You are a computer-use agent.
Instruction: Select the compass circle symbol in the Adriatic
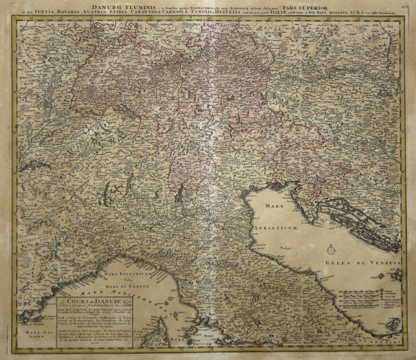pyautogui.click(x=331, y=250)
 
